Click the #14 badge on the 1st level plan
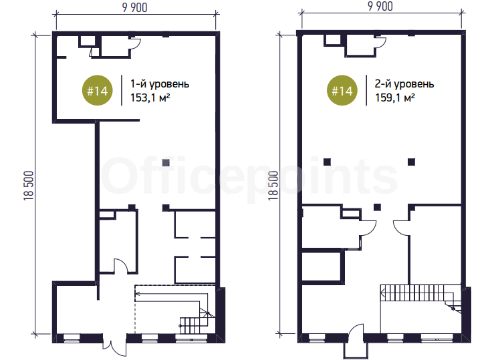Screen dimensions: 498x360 97,90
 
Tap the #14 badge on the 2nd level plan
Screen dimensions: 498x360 342,90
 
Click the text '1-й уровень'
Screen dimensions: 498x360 160,84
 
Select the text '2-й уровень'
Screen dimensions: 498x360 404,84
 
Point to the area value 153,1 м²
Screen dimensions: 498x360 150,98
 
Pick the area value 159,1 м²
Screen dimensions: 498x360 395,98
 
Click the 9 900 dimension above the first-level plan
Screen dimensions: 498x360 134,7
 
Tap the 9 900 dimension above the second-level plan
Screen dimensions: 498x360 380,7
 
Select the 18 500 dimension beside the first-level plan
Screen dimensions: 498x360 29,186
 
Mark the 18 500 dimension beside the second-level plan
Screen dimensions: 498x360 273,186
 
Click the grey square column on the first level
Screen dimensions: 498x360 166,162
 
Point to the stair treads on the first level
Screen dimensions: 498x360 194,325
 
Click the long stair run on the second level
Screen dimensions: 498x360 413,293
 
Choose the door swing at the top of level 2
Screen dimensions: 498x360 380,43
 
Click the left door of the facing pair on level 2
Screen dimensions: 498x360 368,228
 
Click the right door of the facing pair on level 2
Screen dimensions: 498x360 402,228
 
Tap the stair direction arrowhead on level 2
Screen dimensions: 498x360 383,293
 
